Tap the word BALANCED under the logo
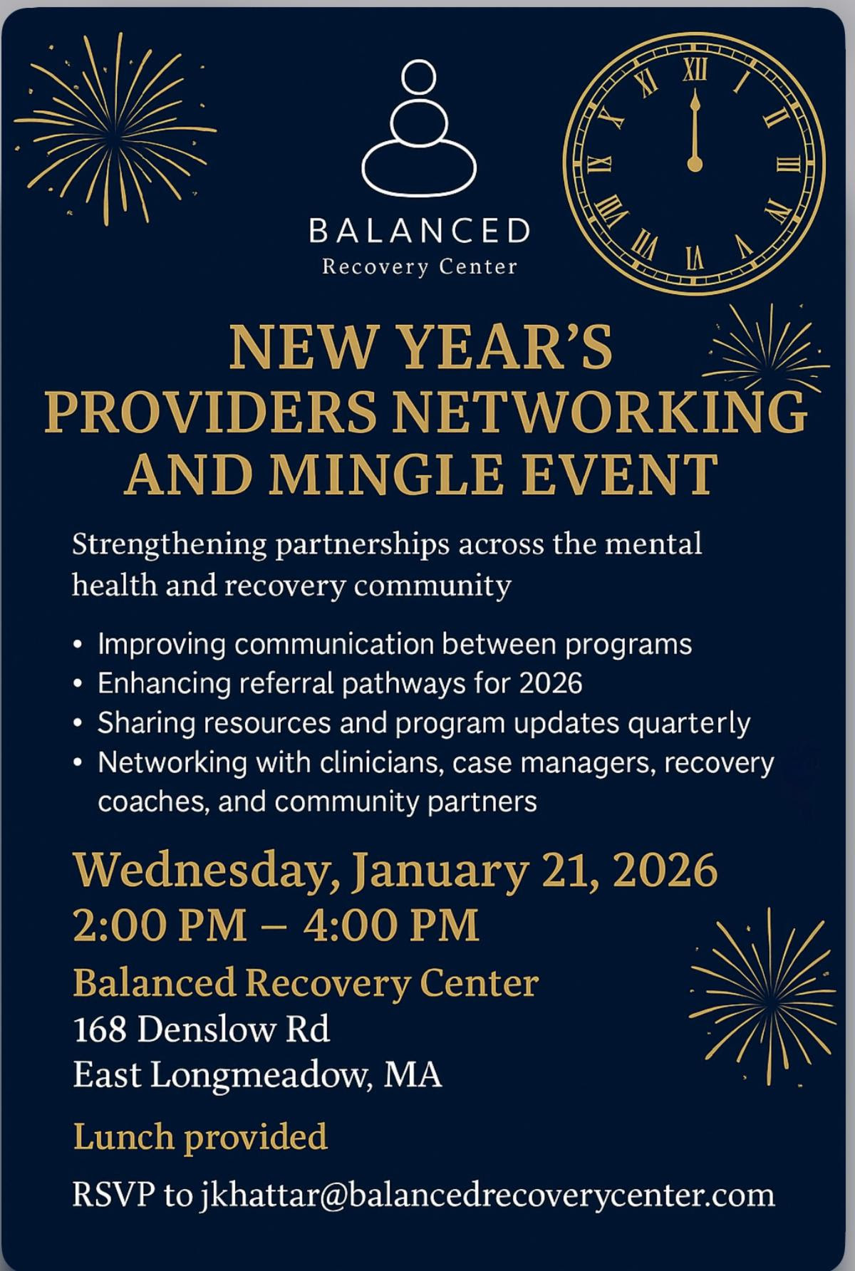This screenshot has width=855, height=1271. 420,231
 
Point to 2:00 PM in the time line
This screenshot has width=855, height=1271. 160,925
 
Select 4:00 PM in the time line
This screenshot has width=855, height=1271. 391,925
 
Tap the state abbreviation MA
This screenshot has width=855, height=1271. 413,1075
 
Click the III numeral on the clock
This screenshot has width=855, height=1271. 787,165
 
